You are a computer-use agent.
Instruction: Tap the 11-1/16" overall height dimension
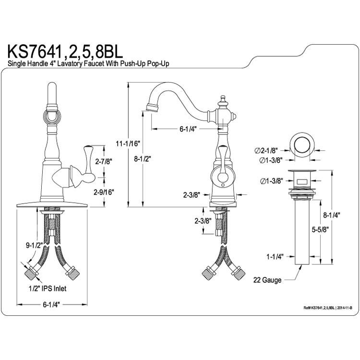click(x=128, y=144)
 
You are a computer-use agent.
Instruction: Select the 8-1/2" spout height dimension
click(x=143, y=159)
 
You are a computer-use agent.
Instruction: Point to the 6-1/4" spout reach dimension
click(x=188, y=129)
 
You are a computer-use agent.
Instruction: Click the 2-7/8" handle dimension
click(x=104, y=161)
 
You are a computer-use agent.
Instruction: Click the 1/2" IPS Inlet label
click(x=48, y=288)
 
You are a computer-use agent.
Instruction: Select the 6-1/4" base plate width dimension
click(x=51, y=304)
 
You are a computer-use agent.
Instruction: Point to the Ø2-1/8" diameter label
click(x=266, y=151)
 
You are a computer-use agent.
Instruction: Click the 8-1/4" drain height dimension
click(x=331, y=215)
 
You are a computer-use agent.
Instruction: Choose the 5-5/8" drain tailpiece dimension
click(x=321, y=229)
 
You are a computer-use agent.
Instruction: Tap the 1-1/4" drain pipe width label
click(x=275, y=256)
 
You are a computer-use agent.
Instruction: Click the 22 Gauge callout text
click(x=267, y=280)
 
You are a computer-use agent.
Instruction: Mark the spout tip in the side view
click(x=152, y=108)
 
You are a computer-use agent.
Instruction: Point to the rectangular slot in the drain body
click(x=302, y=182)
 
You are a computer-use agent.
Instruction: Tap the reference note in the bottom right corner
click(x=328, y=308)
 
